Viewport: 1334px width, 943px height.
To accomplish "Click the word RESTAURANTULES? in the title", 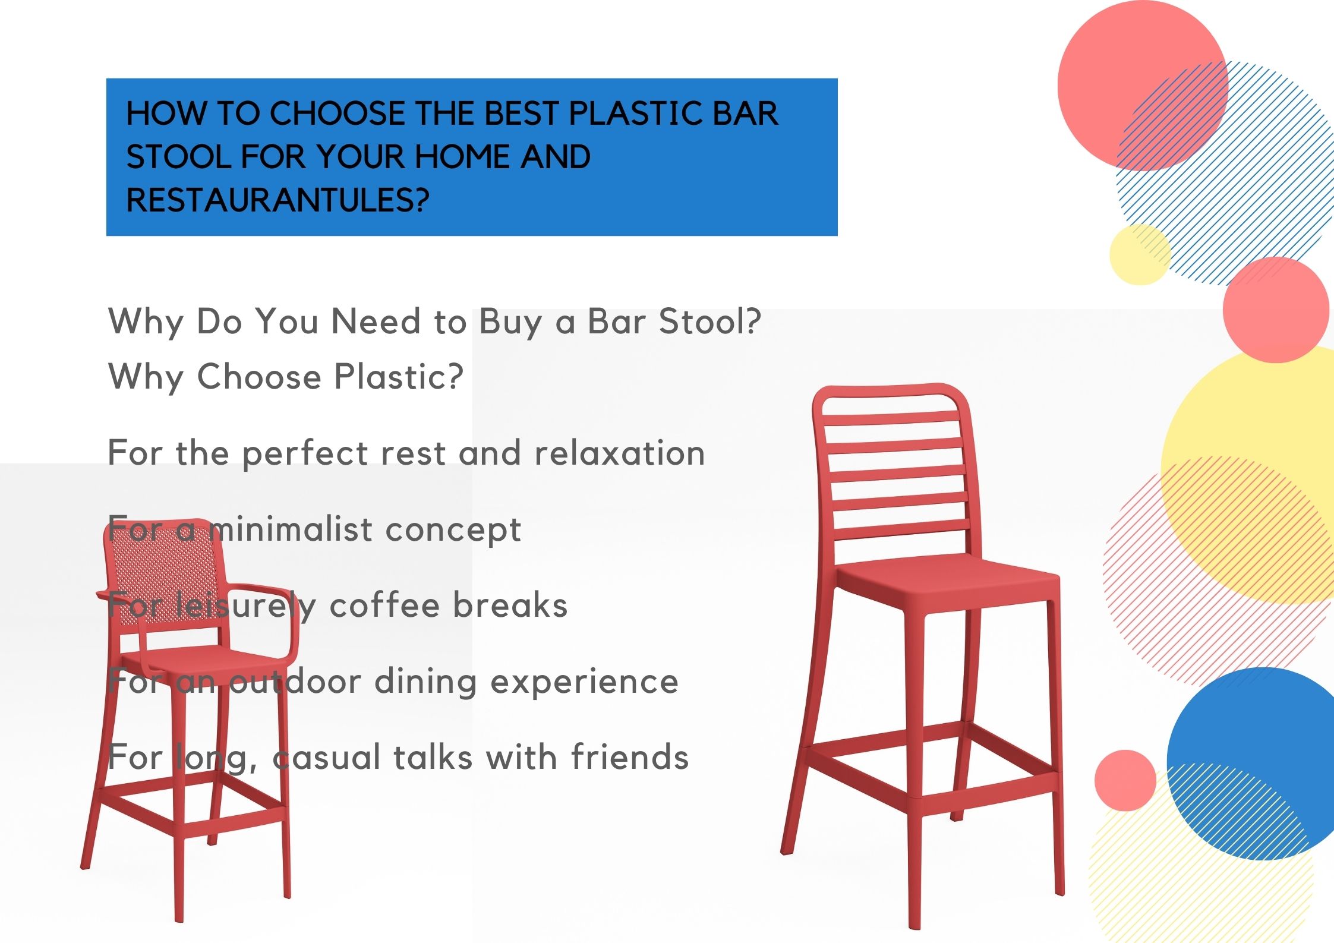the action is coord(277,200).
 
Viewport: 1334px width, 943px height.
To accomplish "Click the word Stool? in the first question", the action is coord(709,321).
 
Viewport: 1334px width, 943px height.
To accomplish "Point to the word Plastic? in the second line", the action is coord(399,377).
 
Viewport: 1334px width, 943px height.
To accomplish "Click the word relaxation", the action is coord(620,453).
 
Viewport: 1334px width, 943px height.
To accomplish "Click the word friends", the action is coord(630,757).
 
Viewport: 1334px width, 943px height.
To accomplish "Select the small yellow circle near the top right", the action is coord(1140,254).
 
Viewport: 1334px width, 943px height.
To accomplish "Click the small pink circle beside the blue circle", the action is coord(1125,780).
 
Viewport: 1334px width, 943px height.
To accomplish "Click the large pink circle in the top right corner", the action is coord(1143,86).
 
